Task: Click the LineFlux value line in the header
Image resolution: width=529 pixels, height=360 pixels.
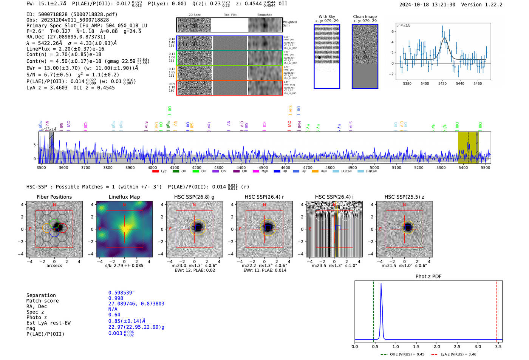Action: coord(65,49)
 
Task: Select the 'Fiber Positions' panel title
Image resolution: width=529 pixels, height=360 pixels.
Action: coord(54,197)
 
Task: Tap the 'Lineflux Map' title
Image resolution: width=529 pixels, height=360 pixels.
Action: coord(124,197)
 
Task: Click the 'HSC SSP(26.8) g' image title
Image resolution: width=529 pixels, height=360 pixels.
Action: coord(194,197)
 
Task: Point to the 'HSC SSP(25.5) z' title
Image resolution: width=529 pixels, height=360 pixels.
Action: coord(404,197)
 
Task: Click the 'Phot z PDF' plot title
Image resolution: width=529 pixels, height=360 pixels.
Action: coord(428,277)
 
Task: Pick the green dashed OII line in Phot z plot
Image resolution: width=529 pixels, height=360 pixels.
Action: coord(373,310)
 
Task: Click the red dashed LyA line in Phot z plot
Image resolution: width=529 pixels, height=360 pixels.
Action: coord(497,310)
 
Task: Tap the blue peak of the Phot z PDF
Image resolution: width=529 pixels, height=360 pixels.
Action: coord(381,284)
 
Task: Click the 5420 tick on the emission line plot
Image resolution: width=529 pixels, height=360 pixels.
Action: coord(442,83)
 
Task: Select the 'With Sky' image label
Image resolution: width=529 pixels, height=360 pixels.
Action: coord(327,17)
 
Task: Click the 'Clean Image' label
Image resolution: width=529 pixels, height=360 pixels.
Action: coord(365,17)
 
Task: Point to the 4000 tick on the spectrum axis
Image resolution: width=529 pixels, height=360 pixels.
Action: coord(152,167)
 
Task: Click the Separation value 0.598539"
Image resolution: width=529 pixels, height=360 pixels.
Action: coord(121,293)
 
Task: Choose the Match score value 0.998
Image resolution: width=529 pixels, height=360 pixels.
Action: coord(116,298)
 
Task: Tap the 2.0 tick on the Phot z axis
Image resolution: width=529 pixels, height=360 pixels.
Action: coord(437,346)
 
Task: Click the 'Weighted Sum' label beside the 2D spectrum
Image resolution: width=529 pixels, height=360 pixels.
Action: coord(290,24)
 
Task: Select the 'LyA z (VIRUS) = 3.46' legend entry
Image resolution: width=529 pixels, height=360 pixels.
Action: coord(458,354)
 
